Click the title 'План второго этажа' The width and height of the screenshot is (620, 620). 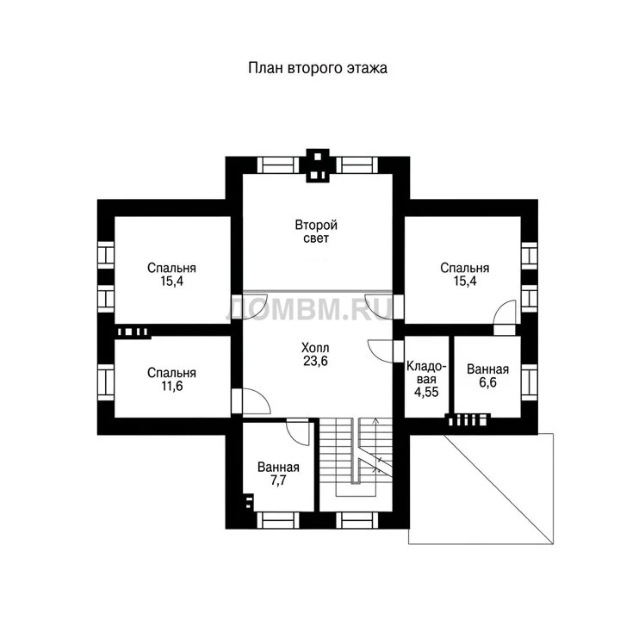(318, 68)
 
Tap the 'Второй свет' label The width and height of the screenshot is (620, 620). (316, 232)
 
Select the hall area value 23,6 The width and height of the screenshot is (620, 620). (315, 361)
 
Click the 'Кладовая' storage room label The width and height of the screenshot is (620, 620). (426, 373)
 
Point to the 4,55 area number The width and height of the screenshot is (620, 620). (426, 392)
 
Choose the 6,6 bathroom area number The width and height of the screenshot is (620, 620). (487, 382)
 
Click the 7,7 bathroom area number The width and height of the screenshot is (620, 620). (278, 480)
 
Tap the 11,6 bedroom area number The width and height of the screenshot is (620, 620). (172, 386)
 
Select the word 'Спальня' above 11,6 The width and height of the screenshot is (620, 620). (171, 373)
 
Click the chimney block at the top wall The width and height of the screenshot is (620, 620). (318, 165)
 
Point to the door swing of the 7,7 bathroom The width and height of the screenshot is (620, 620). (297, 433)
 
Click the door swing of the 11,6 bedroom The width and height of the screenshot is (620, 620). (257, 400)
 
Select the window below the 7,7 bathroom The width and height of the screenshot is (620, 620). (278, 520)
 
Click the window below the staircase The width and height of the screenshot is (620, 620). (358, 520)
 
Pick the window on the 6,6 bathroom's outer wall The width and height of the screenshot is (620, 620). (529, 382)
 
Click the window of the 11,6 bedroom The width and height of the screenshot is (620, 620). (106, 382)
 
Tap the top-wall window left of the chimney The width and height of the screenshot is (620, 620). (278, 164)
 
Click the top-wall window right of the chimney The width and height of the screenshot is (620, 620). (357, 164)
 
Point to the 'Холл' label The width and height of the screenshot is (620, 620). (315, 348)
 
